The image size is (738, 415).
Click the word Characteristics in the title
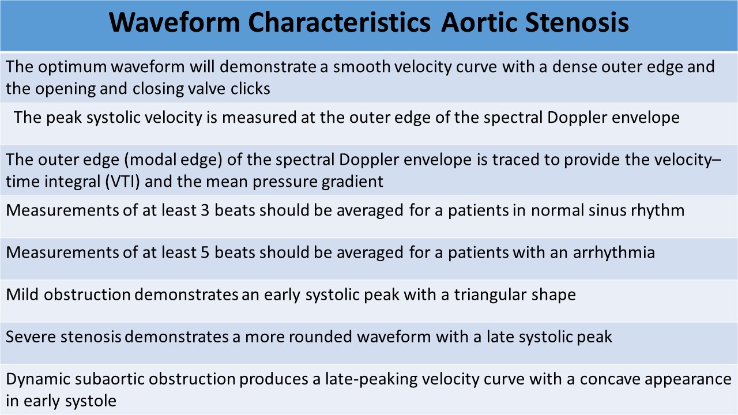(x=339, y=22)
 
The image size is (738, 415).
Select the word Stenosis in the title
(x=577, y=22)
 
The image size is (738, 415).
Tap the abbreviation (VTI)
(x=123, y=182)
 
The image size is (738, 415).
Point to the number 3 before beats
(x=205, y=210)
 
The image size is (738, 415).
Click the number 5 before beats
(x=205, y=252)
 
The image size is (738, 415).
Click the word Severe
(x=31, y=337)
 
